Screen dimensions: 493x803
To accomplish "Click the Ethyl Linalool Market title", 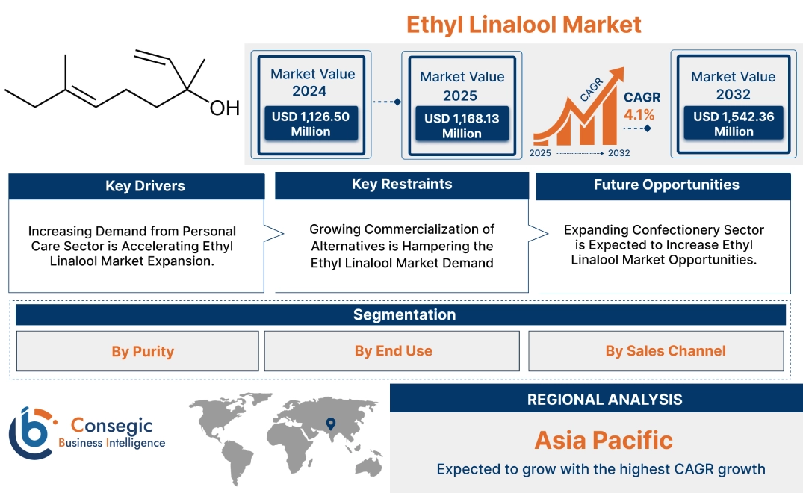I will point(523,24).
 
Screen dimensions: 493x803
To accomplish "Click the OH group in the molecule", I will point(223,108).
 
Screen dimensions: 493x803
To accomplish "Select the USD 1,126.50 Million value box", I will point(310,124).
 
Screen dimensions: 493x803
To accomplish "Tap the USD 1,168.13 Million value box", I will point(462,125).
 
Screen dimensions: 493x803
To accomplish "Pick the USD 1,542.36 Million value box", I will point(733,124).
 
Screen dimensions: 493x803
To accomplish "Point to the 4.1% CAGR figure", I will point(639,115).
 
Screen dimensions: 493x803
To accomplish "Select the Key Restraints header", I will point(401,185).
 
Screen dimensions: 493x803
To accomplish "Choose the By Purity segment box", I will point(142,351).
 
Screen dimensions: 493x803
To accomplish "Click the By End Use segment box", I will point(393,351).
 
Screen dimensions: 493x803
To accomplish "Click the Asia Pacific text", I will point(603,441).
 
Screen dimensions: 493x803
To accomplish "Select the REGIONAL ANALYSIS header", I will point(604,400).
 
